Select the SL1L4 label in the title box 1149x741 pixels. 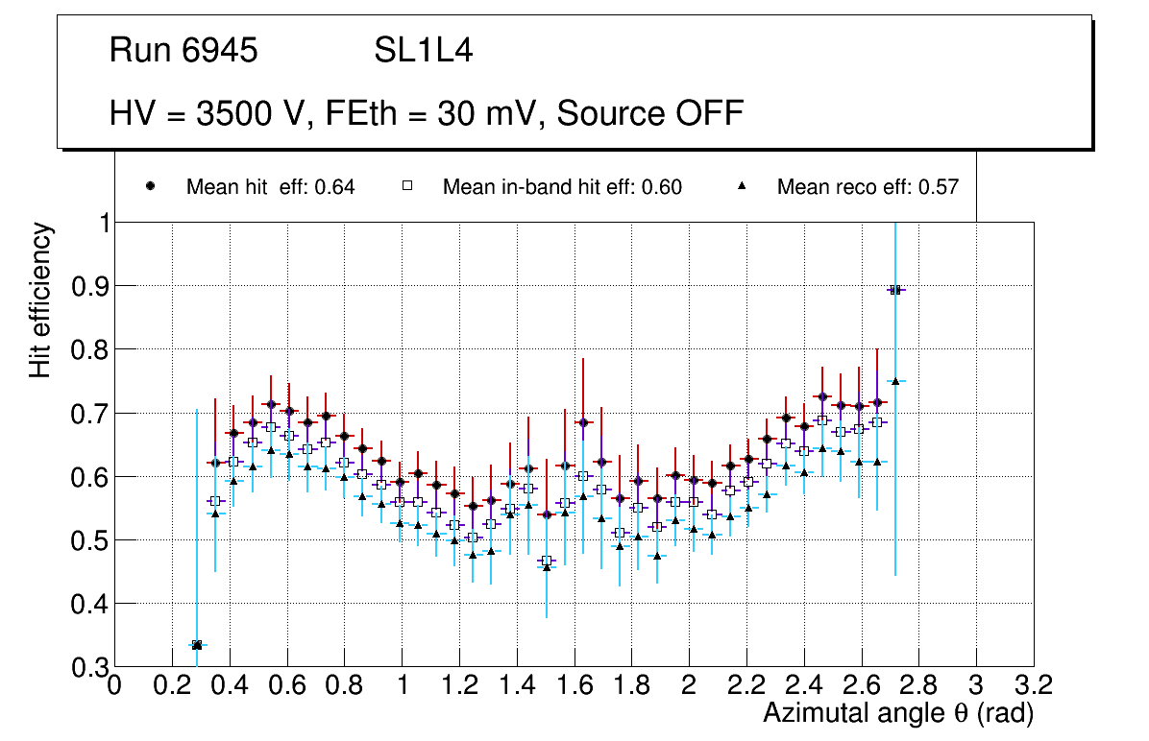tap(423, 51)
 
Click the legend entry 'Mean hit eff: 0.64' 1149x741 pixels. tap(270, 187)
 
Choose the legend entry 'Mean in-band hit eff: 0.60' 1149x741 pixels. tap(562, 187)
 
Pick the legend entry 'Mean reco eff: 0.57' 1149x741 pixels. tap(868, 187)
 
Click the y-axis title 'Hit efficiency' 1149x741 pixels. tap(40, 300)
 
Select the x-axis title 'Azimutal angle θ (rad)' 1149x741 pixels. tap(898, 713)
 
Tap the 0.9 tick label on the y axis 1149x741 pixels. tap(89, 286)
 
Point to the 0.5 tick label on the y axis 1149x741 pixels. tap(89, 540)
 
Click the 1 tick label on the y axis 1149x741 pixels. tap(98, 223)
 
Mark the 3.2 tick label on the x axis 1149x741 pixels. tap(1034, 685)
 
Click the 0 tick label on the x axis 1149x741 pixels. tap(115, 685)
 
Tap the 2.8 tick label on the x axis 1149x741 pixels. tap(919, 685)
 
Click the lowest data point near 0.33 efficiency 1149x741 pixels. tap(197, 645)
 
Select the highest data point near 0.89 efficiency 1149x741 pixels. tap(895, 290)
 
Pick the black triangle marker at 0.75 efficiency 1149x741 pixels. tap(895, 381)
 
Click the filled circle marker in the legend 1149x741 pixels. tap(151, 187)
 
